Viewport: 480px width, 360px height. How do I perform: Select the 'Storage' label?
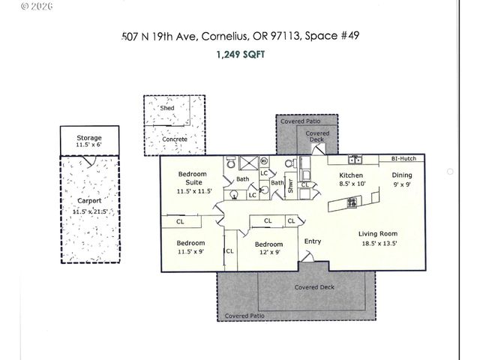89,139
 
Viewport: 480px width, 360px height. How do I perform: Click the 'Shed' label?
167,108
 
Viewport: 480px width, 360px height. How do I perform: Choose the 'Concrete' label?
175,139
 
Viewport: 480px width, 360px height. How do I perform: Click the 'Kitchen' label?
352,175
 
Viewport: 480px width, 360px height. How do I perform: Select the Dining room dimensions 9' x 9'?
402,183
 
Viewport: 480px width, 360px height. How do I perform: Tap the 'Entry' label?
312,241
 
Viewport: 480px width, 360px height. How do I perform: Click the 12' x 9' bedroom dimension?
268,253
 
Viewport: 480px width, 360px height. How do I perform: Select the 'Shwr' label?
291,187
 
